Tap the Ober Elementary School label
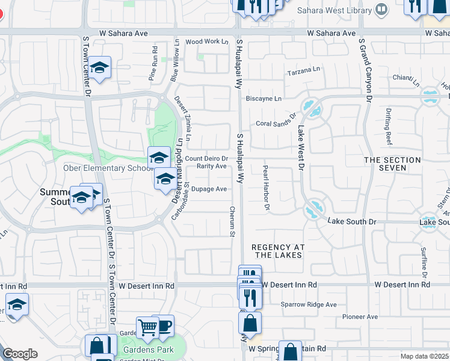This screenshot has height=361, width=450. point(108,168)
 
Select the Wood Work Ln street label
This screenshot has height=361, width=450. point(207,42)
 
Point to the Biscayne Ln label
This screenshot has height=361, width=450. point(263,99)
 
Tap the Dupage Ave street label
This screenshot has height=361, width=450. point(209,189)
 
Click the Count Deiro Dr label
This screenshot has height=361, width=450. point(206,159)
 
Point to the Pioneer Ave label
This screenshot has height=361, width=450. point(360,316)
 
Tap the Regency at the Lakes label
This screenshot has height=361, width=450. point(278,251)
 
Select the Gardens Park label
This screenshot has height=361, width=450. point(149,350)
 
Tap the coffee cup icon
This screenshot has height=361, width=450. point(164,326)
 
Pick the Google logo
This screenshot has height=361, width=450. point(20,354)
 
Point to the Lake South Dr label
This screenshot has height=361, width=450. point(352,222)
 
